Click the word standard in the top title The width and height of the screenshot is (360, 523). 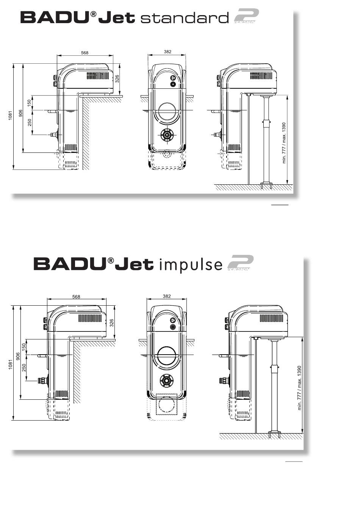[185, 18]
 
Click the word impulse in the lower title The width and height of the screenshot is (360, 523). [191, 264]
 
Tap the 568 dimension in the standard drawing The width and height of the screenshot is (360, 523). [85, 53]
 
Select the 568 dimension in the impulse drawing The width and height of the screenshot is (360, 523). [76, 297]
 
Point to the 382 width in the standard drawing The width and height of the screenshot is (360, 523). [167, 52]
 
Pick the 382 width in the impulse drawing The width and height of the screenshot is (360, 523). [167, 296]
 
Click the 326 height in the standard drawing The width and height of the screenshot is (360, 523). [117, 79]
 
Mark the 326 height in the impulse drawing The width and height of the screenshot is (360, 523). [112, 323]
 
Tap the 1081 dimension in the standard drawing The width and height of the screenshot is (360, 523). [10, 115]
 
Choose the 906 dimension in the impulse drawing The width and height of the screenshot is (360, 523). [18, 357]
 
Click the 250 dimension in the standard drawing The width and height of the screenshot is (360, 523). [30, 123]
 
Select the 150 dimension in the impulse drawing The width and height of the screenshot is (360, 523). [24, 347]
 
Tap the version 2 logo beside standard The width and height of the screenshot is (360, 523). [246, 16]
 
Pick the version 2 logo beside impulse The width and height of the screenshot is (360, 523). [240, 263]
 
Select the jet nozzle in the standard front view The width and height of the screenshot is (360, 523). [167, 135]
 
